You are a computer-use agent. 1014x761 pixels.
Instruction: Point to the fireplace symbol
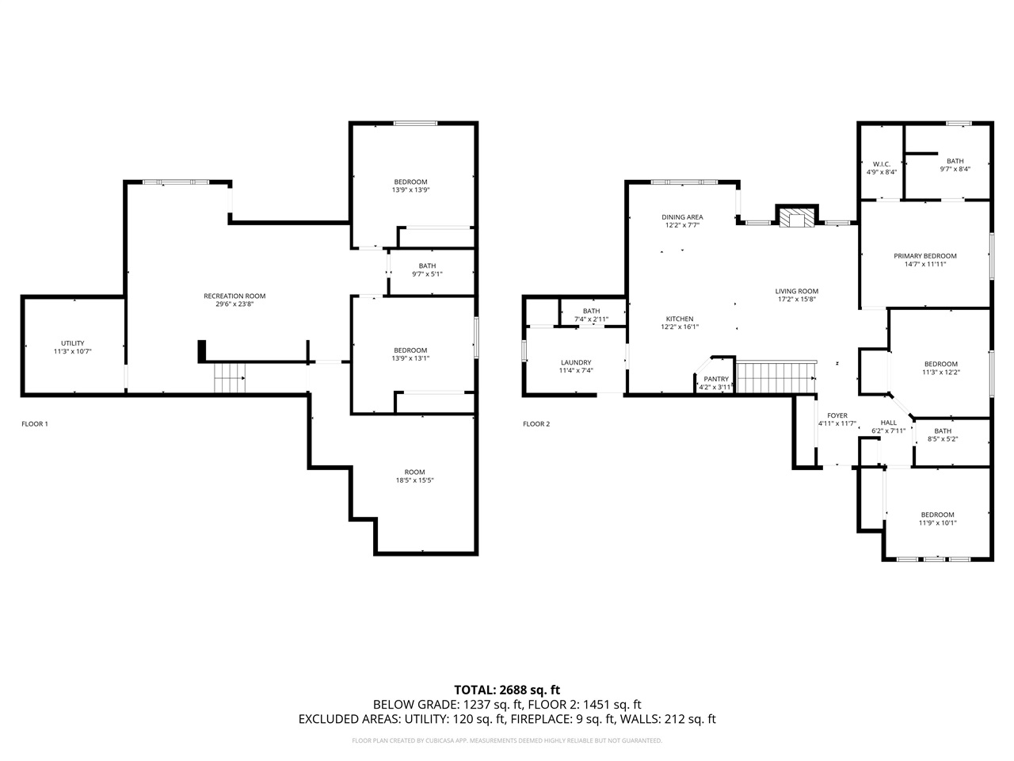pos(796,217)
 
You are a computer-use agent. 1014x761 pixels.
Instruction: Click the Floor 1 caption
pos(35,423)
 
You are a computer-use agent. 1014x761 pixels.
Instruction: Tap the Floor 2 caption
pos(536,423)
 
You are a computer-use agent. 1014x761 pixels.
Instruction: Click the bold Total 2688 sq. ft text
pos(507,690)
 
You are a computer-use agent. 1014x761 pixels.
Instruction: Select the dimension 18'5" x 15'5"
pos(414,480)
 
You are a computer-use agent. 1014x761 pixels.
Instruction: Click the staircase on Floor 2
pos(776,377)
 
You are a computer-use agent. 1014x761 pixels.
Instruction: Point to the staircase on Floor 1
pos(230,378)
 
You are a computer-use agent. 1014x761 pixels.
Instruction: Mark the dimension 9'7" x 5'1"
pos(427,274)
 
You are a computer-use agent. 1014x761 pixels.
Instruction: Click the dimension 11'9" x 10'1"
pos(937,522)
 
